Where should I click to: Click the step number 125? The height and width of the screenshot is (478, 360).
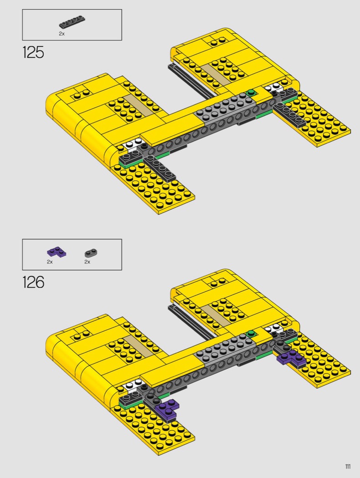pos(33,52)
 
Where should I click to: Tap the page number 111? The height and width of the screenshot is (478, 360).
pos(348,467)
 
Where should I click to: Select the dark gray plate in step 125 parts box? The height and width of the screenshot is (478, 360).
pos(72,23)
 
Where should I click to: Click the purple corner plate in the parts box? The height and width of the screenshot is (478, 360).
pos(57,252)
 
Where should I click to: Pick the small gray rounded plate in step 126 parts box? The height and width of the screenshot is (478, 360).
pos(91,253)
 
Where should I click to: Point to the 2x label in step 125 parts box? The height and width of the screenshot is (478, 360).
pos(62,34)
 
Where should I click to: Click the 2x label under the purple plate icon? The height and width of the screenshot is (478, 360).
pos(50,262)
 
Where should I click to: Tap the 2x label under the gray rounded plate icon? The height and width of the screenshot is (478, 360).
pos(87,262)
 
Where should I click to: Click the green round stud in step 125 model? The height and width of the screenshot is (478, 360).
pos(251,92)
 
